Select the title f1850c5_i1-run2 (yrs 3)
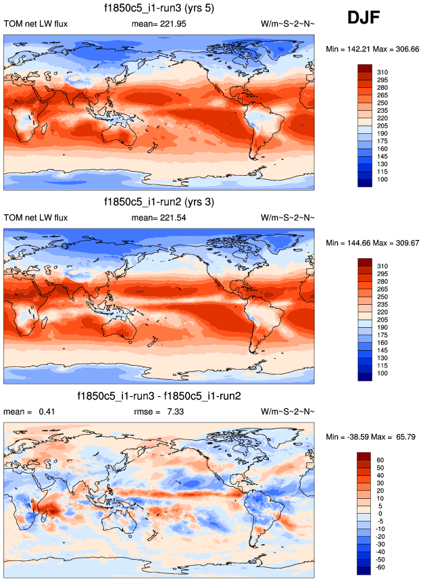pyautogui.click(x=159, y=202)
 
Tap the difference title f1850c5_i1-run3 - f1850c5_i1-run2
pyautogui.click(x=159, y=395)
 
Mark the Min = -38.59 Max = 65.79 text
pyautogui.click(x=370, y=437)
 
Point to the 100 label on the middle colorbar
pyautogui.click(x=383, y=373)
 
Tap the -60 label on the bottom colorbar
pyautogui.click(x=382, y=567)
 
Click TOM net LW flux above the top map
pyautogui.click(x=36, y=24)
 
